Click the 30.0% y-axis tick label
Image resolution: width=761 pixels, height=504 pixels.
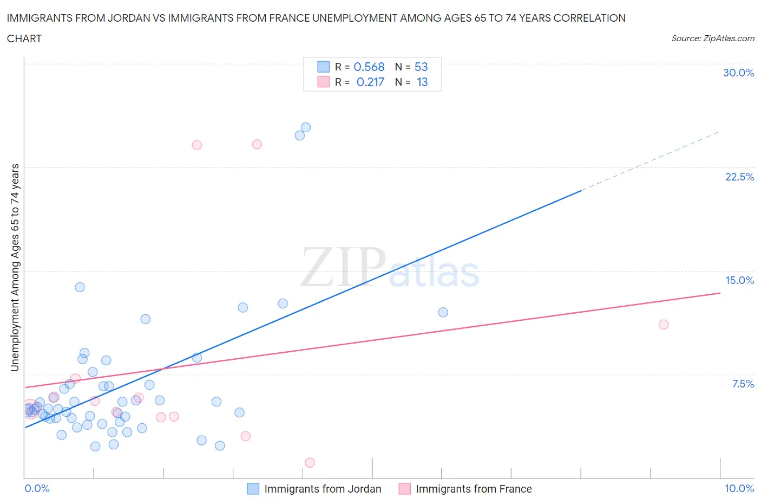tap(738, 73)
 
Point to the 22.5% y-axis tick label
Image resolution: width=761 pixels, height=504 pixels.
tap(739, 177)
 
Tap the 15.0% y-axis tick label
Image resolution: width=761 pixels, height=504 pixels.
tap(739, 280)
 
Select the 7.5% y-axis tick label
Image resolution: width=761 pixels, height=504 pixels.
tap(743, 384)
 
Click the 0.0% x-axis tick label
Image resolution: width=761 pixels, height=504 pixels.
tap(37, 488)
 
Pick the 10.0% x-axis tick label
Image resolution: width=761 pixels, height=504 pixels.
tap(739, 488)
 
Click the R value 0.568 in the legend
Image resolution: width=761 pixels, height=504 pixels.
tap(369, 67)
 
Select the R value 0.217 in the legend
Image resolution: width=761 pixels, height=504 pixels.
tap(370, 82)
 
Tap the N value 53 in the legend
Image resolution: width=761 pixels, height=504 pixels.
tap(421, 67)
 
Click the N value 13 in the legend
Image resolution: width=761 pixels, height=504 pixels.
tap(422, 82)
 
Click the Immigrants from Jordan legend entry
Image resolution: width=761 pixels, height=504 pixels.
tap(314, 489)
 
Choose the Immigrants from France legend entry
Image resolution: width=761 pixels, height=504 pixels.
tap(465, 489)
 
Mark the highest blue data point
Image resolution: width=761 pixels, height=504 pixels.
tap(306, 127)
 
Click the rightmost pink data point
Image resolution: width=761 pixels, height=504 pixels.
tap(664, 325)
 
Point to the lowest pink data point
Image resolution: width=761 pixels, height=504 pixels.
tap(310, 463)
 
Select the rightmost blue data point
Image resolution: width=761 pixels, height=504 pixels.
tap(443, 312)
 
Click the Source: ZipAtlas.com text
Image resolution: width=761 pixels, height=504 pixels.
tap(712, 38)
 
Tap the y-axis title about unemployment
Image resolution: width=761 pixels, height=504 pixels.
tap(15, 268)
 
